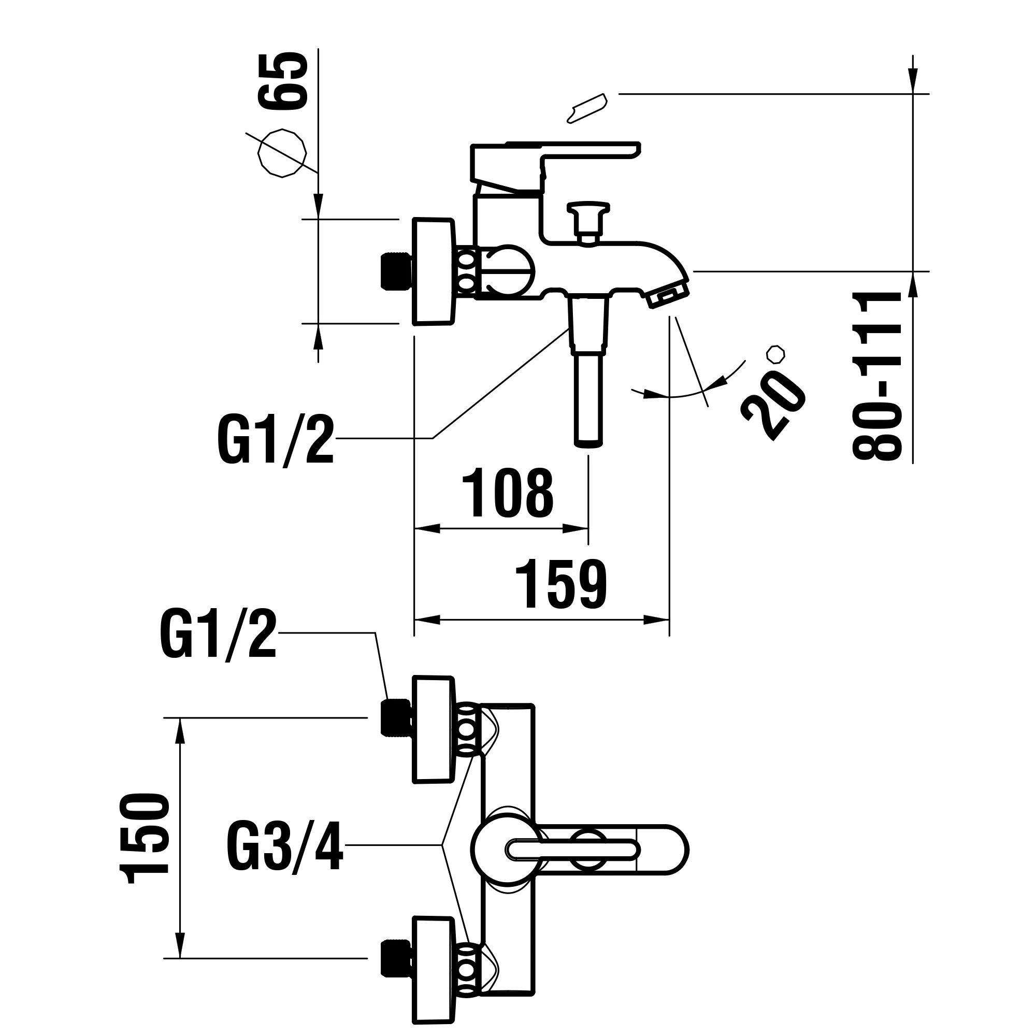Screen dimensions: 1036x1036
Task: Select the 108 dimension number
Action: [508, 493]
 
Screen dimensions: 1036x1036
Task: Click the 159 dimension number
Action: [561, 584]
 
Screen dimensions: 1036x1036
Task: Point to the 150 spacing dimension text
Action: [143, 839]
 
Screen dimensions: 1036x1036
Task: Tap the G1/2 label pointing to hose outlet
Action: [276, 441]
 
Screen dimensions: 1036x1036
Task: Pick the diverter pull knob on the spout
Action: [588, 220]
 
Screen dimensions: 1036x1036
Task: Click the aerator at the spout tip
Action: [668, 296]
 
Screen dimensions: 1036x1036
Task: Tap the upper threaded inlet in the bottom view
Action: [396, 718]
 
